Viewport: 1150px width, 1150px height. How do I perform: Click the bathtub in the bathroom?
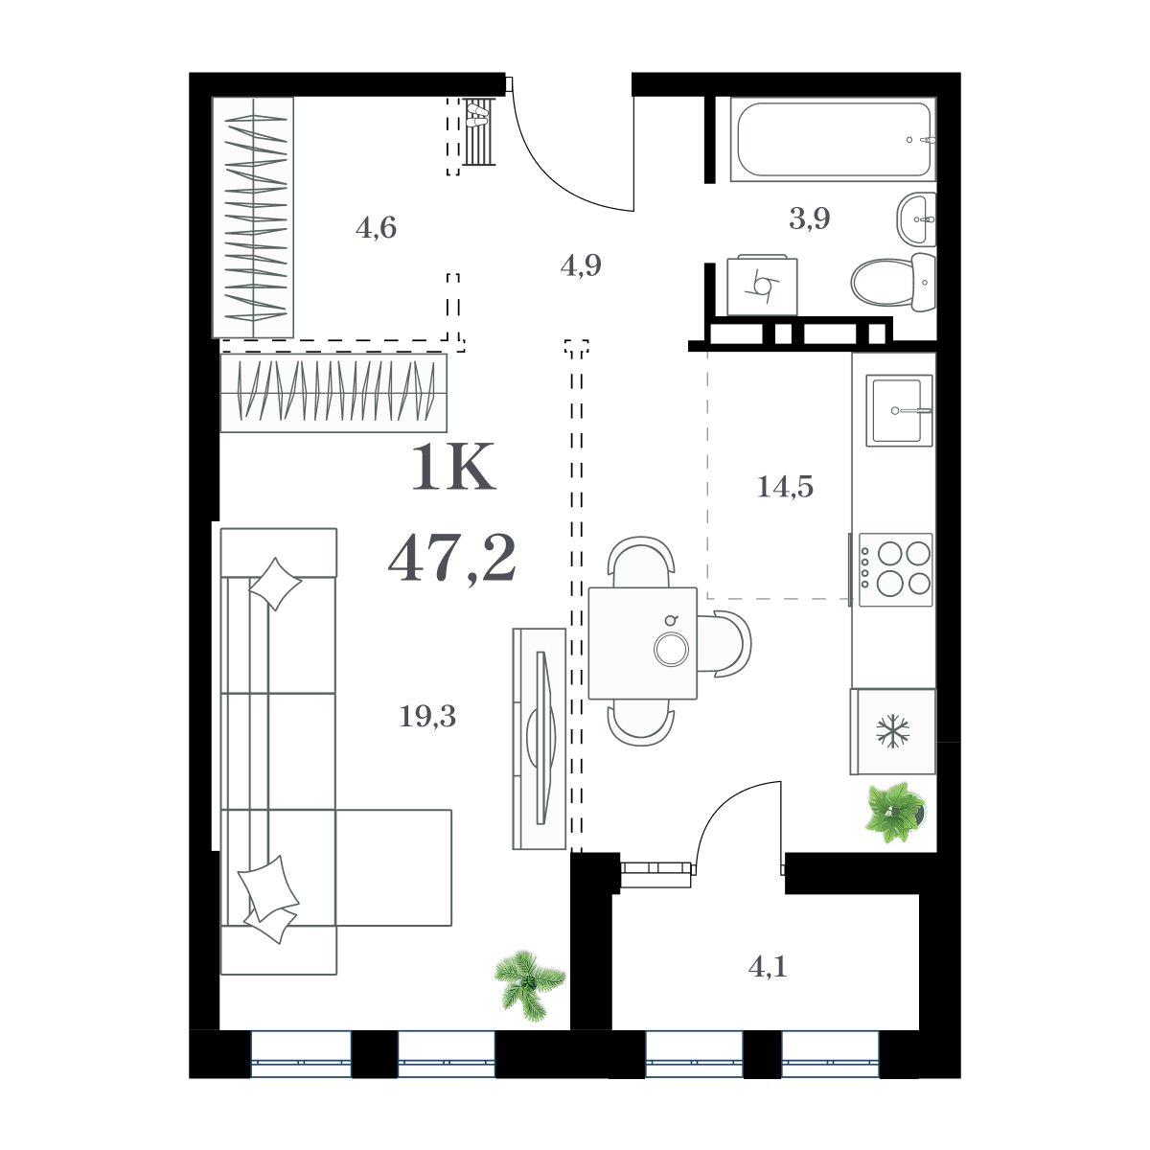833,139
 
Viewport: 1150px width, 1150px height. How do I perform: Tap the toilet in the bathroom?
893,282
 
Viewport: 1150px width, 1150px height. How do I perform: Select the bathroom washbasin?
916,219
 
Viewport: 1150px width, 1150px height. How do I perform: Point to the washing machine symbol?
762,286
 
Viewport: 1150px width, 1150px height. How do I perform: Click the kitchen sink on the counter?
899,410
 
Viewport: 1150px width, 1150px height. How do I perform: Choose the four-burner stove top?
895,569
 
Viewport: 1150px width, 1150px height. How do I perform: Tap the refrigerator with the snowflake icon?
892,731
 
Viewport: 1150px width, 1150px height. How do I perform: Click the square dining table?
643,643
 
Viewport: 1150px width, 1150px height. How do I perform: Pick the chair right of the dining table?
724,644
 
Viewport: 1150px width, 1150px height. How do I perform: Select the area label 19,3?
427,716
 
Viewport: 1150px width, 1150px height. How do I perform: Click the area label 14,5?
785,487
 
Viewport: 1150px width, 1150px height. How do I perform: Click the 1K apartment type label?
453,467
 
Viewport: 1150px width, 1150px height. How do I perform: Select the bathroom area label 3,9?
810,219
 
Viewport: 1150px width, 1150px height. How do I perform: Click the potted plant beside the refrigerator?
895,813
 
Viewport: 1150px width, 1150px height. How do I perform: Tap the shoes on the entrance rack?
477,115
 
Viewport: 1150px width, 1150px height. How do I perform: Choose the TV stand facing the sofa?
539,739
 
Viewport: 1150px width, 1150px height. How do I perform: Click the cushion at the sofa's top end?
274,584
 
